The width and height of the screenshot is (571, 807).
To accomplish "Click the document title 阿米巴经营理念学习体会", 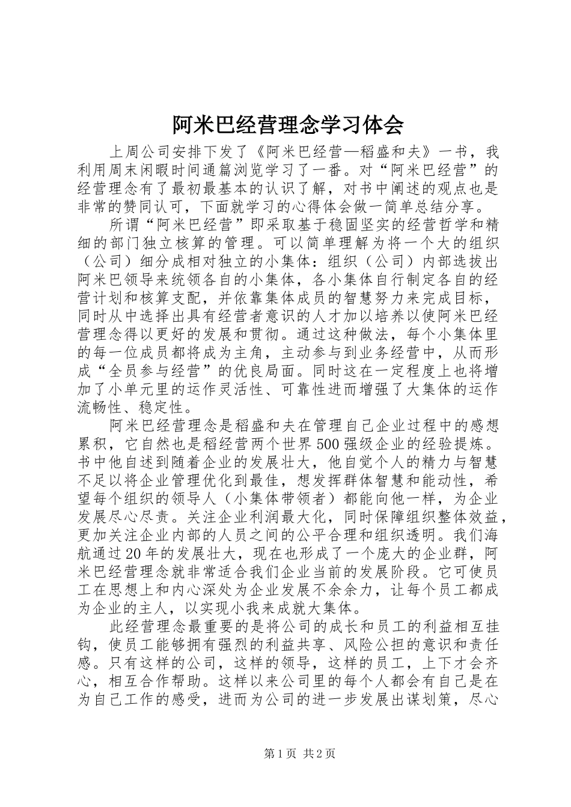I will (285, 125).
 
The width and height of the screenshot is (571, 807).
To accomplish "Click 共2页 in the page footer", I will (319, 754).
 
